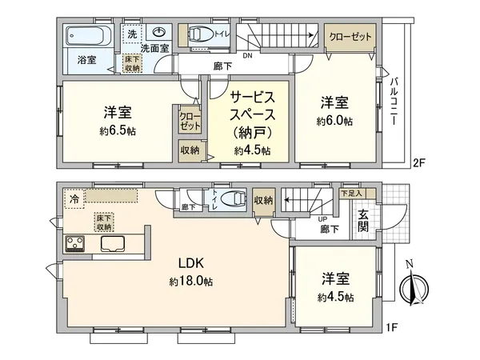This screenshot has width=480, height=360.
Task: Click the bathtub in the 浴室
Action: coord(83,37)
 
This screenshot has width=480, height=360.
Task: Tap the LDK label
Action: coord(190,265)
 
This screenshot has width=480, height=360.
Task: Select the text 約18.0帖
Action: coord(190,282)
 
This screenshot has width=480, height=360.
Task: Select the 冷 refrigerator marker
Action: coord(74,198)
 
